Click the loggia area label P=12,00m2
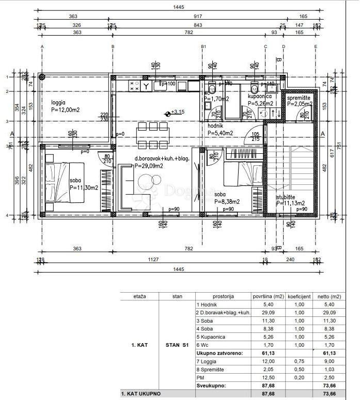coord(65,110)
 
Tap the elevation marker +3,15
coord(175,112)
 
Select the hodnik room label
coord(215,125)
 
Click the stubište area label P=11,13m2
coord(290,203)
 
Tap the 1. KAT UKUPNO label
coord(141,394)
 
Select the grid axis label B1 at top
coord(204,46)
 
